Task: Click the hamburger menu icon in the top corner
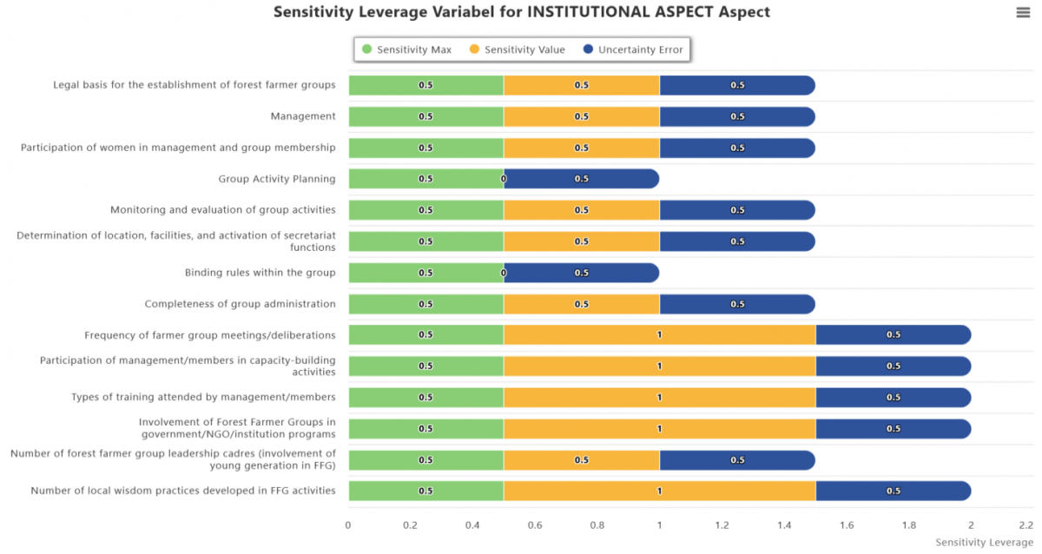[1023, 12]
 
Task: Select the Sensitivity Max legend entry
[406, 49]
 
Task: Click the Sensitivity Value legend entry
[518, 49]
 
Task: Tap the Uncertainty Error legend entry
[633, 49]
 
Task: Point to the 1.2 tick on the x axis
[722, 525]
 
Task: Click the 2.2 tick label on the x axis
[1026, 525]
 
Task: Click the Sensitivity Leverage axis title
[984, 543]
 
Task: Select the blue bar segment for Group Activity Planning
[582, 179]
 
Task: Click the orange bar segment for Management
[582, 116]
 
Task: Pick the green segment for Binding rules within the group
[426, 273]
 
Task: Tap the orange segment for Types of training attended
[660, 397]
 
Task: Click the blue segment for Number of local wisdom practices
[894, 491]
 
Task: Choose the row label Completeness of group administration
[240, 304]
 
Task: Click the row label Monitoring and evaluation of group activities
[223, 210]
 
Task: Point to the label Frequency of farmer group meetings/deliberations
[210, 335]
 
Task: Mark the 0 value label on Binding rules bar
[504, 273]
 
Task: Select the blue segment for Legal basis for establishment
[737, 85]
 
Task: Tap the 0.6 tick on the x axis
[535, 525]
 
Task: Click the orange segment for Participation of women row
[582, 148]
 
